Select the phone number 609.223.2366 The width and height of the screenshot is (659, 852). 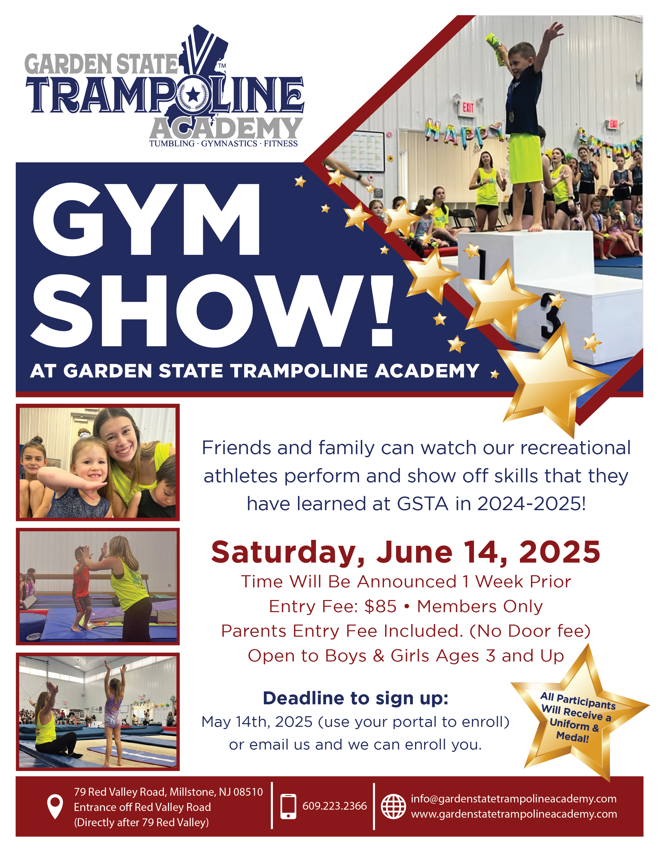(x=335, y=806)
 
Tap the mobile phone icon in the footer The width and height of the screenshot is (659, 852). (x=288, y=806)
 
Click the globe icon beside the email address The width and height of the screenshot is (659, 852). (x=393, y=806)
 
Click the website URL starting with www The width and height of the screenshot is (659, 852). (x=514, y=814)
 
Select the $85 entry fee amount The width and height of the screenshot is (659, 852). (x=380, y=607)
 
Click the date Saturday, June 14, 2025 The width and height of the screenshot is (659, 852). (x=406, y=553)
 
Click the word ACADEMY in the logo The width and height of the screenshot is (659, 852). (x=226, y=128)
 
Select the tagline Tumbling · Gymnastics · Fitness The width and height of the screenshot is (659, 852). (x=223, y=144)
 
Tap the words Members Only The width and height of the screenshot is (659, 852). (x=480, y=607)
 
